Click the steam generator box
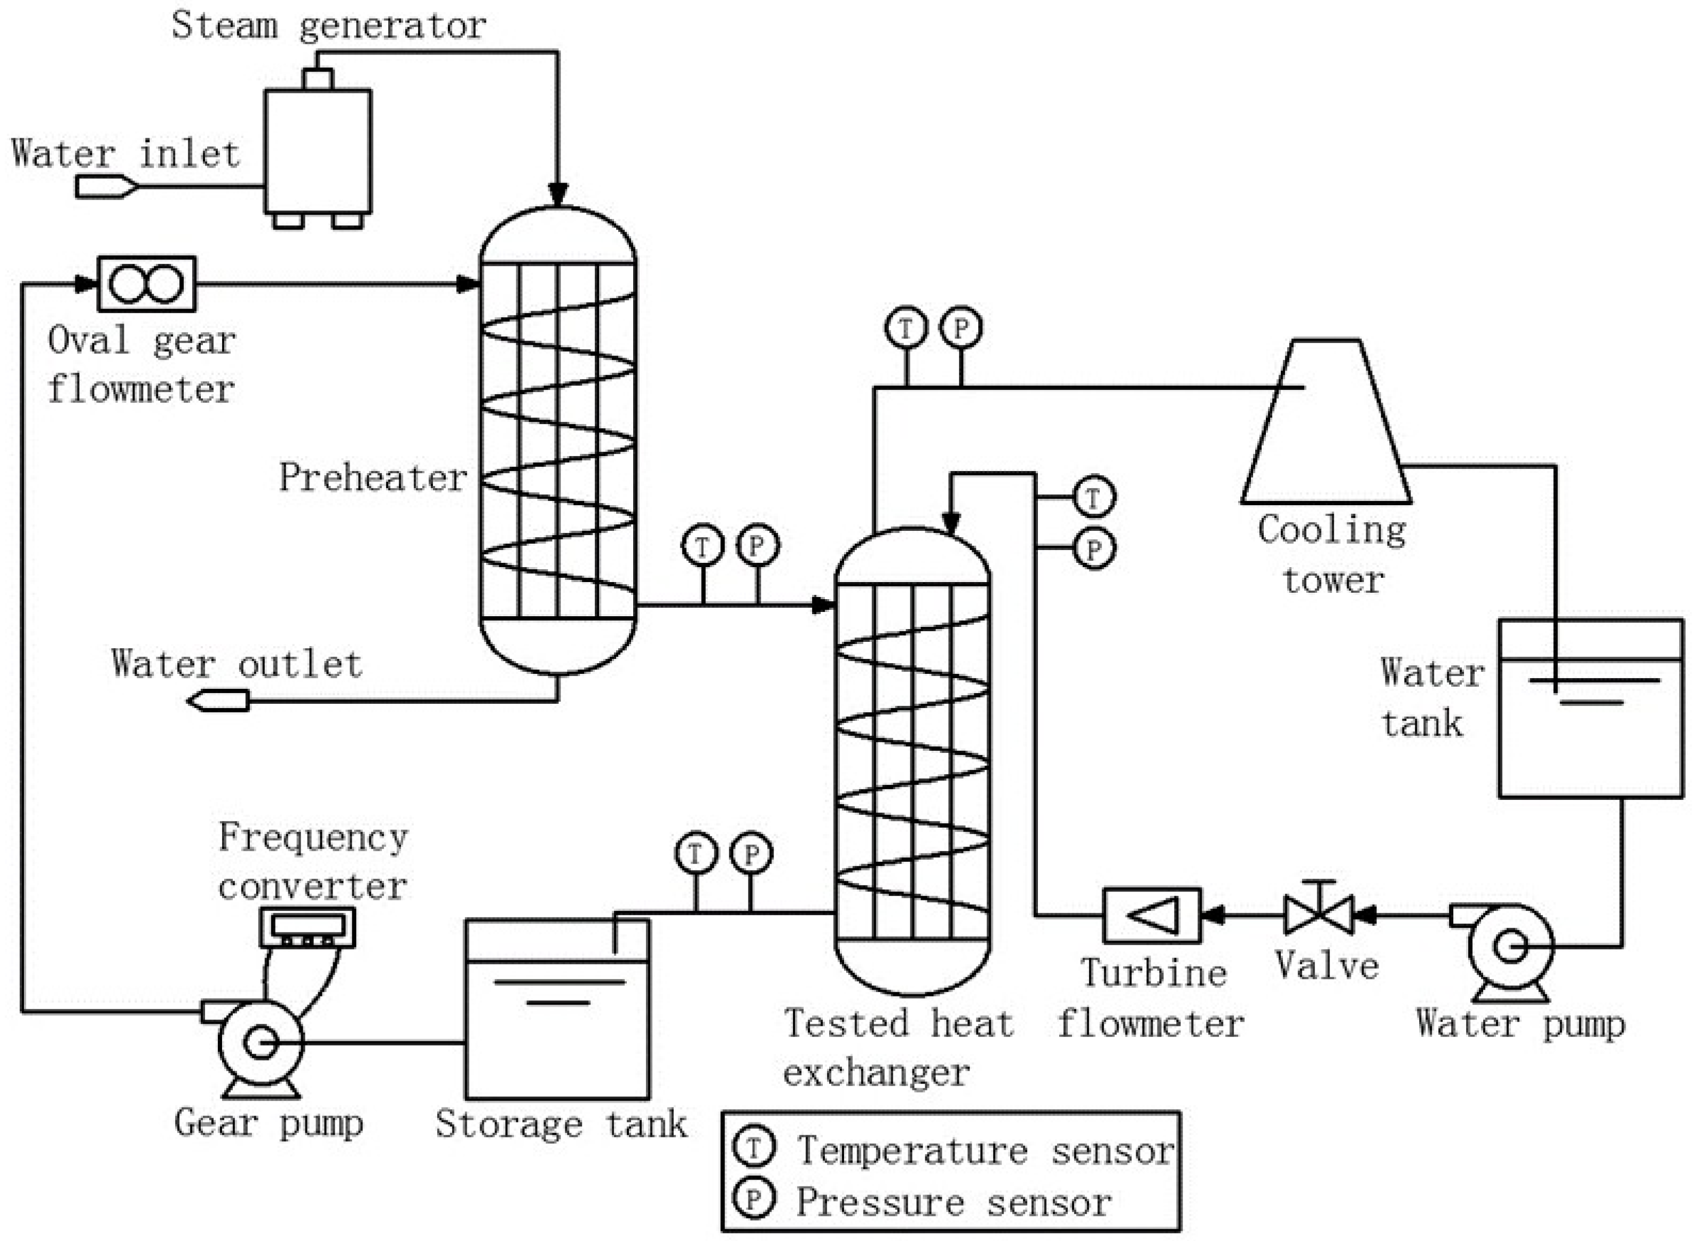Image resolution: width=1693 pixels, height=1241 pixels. (x=317, y=150)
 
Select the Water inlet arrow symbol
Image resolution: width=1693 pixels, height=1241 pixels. (x=106, y=186)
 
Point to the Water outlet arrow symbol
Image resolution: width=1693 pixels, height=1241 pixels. (x=218, y=701)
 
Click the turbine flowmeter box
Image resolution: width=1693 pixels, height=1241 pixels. (x=1152, y=915)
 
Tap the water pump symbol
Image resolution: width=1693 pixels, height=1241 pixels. (x=1510, y=948)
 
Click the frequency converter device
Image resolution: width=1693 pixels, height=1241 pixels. (x=307, y=928)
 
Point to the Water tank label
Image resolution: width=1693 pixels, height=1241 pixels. (x=1431, y=697)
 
